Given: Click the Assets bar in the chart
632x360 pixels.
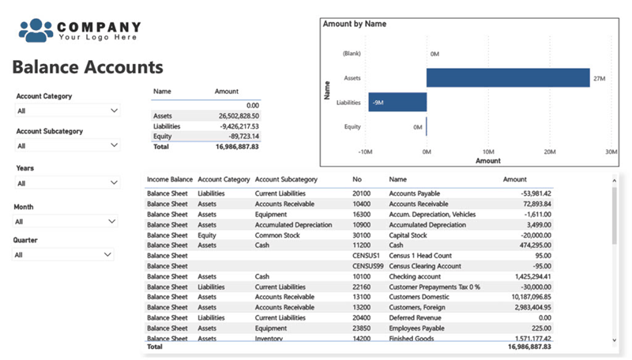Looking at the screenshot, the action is tap(508, 77).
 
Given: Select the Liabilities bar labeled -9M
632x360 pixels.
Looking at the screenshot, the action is tap(397, 103).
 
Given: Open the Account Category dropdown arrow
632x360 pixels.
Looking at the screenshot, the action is tap(114, 111).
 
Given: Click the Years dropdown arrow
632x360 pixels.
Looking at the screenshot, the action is tap(114, 182).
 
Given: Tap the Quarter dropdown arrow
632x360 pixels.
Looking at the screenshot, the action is tap(107, 254).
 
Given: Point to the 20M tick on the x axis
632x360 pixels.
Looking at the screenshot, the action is tap(550, 152).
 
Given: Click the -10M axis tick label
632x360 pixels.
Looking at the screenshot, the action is tap(365, 152).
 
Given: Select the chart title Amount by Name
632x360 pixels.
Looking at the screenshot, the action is tap(354, 24).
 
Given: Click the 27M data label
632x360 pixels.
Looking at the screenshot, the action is tap(599, 78).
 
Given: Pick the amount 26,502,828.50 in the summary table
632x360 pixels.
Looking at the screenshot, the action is tap(239, 116).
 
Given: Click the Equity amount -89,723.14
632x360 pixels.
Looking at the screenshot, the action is tap(244, 136).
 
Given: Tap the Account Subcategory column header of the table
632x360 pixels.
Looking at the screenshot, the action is tap(286, 179).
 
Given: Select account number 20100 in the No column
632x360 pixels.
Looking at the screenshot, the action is tap(361, 193).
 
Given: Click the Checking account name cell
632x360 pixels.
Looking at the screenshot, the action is tap(415, 276).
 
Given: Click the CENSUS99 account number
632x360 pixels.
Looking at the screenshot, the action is tap(367, 266).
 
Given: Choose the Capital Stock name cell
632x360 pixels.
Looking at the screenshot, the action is tap(408, 235).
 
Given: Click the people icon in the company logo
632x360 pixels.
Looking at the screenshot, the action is tap(36, 30).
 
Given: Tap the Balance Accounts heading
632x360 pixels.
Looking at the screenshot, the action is tap(88, 67).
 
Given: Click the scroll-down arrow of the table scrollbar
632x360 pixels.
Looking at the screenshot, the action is tap(615, 340).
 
